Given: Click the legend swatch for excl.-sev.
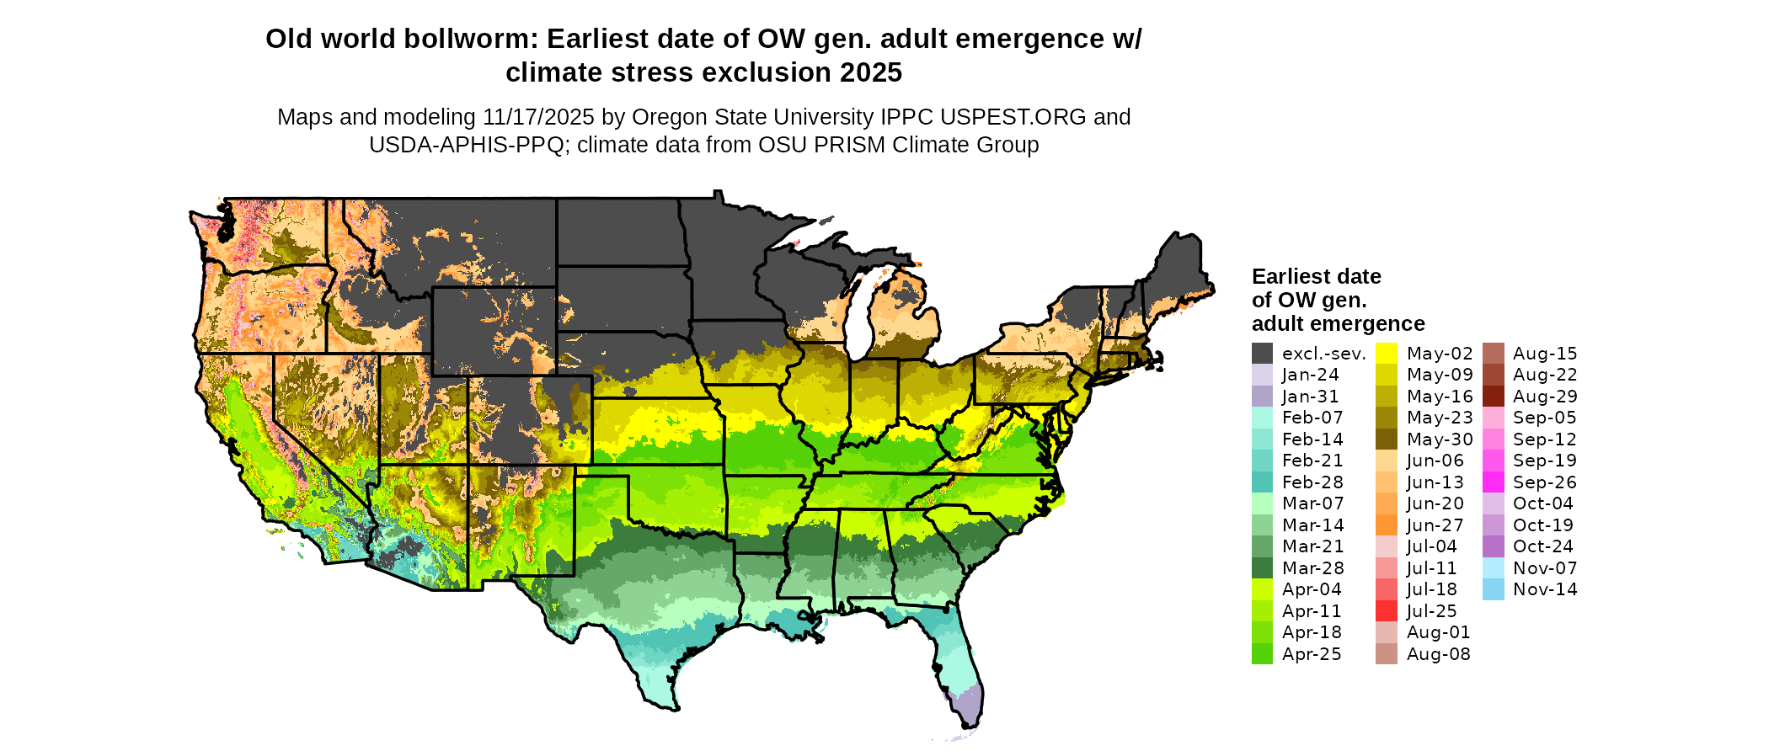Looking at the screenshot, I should tap(1262, 354).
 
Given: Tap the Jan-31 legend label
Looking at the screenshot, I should tap(1310, 397).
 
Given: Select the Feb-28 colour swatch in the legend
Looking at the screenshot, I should tap(1262, 482).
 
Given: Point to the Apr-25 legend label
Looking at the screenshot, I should tap(1312, 654).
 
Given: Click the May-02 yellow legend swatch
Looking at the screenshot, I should tap(1387, 354).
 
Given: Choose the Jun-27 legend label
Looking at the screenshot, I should tap(1435, 525).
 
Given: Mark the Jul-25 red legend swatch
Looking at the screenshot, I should tap(1387, 611).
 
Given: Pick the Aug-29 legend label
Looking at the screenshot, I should tap(1545, 397).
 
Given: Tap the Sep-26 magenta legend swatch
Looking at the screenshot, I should tap(1493, 482).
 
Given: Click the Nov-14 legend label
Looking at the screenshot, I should tap(1545, 589).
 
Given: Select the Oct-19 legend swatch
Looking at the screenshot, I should tap(1493, 525).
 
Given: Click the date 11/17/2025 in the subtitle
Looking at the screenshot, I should tap(538, 117).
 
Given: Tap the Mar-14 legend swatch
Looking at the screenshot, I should tap(1262, 525).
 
